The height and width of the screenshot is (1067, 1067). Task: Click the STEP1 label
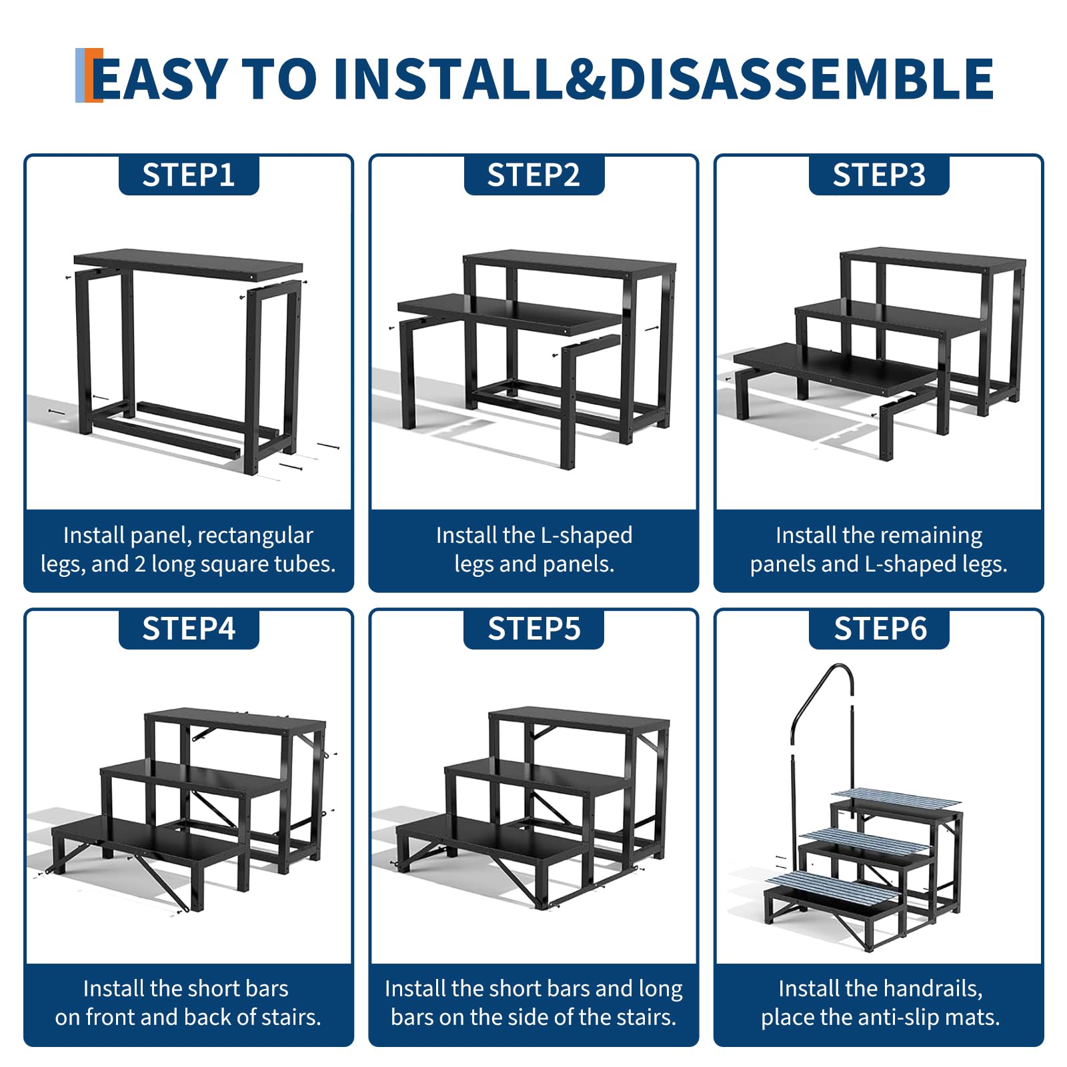pyautogui.click(x=189, y=175)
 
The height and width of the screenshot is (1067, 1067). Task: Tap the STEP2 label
pyautogui.click(x=533, y=175)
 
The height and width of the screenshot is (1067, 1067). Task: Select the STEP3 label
pyautogui.click(x=879, y=175)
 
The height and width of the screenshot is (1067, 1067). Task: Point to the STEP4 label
pyautogui.click(x=189, y=629)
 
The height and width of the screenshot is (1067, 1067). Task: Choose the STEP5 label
pyautogui.click(x=533, y=629)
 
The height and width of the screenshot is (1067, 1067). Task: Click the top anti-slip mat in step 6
pyautogui.click(x=897, y=798)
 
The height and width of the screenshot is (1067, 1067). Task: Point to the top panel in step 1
pyautogui.click(x=188, y=263)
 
